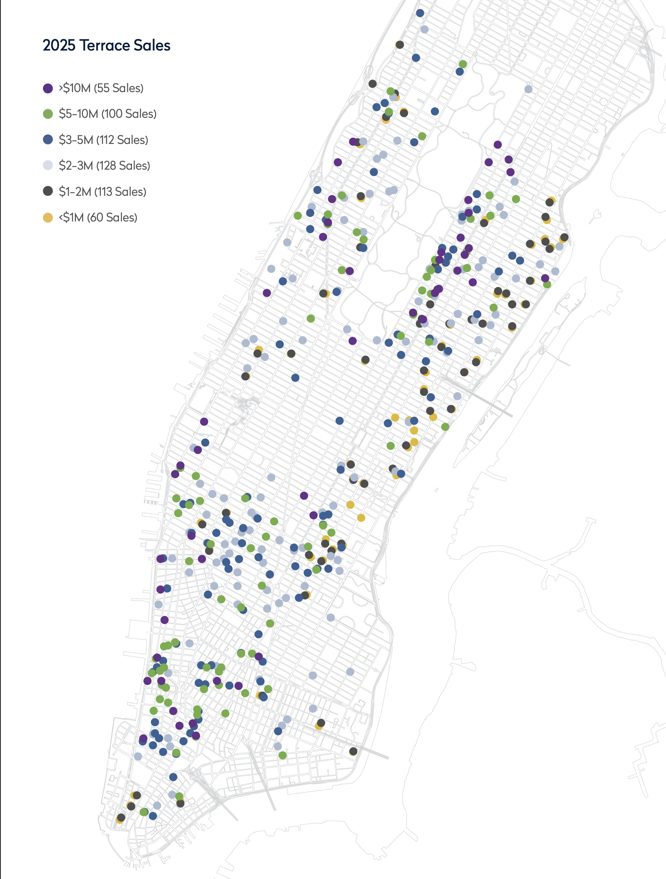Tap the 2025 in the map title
pos(59,45)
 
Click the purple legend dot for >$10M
pos(48,88)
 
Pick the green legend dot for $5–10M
pos(48,114)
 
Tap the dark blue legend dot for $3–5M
pos(48,140)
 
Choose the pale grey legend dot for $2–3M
pos(48,165)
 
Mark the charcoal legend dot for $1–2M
pos(48,191)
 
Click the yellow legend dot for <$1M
pos(48,218)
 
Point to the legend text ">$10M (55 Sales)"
pos(101,88)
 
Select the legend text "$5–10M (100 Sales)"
pos(108,114)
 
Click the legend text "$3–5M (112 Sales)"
pos(103,140)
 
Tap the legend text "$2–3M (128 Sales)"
pos(104,166)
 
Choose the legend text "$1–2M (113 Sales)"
pos(102,192)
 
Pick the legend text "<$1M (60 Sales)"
pos(98,218)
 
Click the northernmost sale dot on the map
pos(420,13)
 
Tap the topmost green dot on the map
pos(463,64)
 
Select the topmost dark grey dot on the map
pos(400,45)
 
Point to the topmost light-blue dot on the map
pos(424,29)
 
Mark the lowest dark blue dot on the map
pos(153,816)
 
